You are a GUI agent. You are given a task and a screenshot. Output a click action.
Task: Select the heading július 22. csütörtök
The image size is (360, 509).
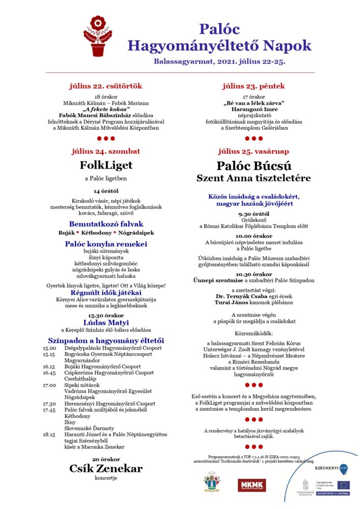click(x=106, y=86)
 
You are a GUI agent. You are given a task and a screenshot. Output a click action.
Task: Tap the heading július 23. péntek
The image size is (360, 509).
click(x=253, y=86)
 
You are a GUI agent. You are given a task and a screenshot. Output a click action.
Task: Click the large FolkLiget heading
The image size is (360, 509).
click(x=105, y=165)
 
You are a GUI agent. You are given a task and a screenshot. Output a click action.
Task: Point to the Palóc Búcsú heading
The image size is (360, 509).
click(x=253, y=165)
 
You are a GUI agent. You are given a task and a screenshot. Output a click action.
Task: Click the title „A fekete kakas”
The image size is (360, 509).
click(x=106, y=109)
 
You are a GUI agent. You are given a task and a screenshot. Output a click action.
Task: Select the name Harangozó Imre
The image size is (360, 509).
click(x=253, y=109)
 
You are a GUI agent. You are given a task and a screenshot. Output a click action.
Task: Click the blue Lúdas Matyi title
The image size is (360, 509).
click(x=106, y=322)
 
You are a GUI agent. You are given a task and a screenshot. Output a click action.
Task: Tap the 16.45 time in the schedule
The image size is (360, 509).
click(x=49, y=373)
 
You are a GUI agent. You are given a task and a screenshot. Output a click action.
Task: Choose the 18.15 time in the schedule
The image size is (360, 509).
click(x=49, y=434)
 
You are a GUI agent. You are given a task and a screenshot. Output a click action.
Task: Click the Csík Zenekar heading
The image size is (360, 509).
click(x=105, y=469)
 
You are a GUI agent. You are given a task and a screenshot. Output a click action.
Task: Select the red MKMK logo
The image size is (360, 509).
click(x=252, y=485)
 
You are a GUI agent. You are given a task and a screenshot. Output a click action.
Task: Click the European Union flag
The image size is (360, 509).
click(x=343, y=484)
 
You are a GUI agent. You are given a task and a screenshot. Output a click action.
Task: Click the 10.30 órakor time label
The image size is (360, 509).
click(x=254, y=274)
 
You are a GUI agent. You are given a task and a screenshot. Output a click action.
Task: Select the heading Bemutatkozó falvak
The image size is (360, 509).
click(x=106, y=224)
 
